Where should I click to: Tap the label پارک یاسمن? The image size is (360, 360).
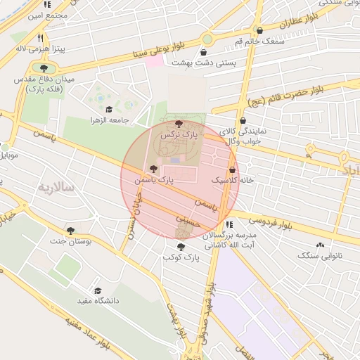coord(155,181)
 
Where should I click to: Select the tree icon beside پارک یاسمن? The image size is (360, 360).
coord(154,169)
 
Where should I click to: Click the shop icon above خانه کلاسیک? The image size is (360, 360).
coord(232,169)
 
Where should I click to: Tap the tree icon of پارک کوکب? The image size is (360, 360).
coord(181,247)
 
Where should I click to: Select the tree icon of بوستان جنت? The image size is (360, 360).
coord(70,230)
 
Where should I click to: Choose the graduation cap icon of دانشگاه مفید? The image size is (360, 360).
coord(98,290)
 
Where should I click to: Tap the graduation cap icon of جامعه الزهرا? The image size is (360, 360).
coord(109,109)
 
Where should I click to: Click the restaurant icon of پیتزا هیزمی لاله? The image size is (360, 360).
coord(41,39)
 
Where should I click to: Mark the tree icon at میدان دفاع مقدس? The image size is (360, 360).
coord(44,68)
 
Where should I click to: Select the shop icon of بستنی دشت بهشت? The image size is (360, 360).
coord(204,52)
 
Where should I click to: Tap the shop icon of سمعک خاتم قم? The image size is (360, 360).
coord(261,31)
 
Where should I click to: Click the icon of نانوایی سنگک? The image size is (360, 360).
coord(321,245)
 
